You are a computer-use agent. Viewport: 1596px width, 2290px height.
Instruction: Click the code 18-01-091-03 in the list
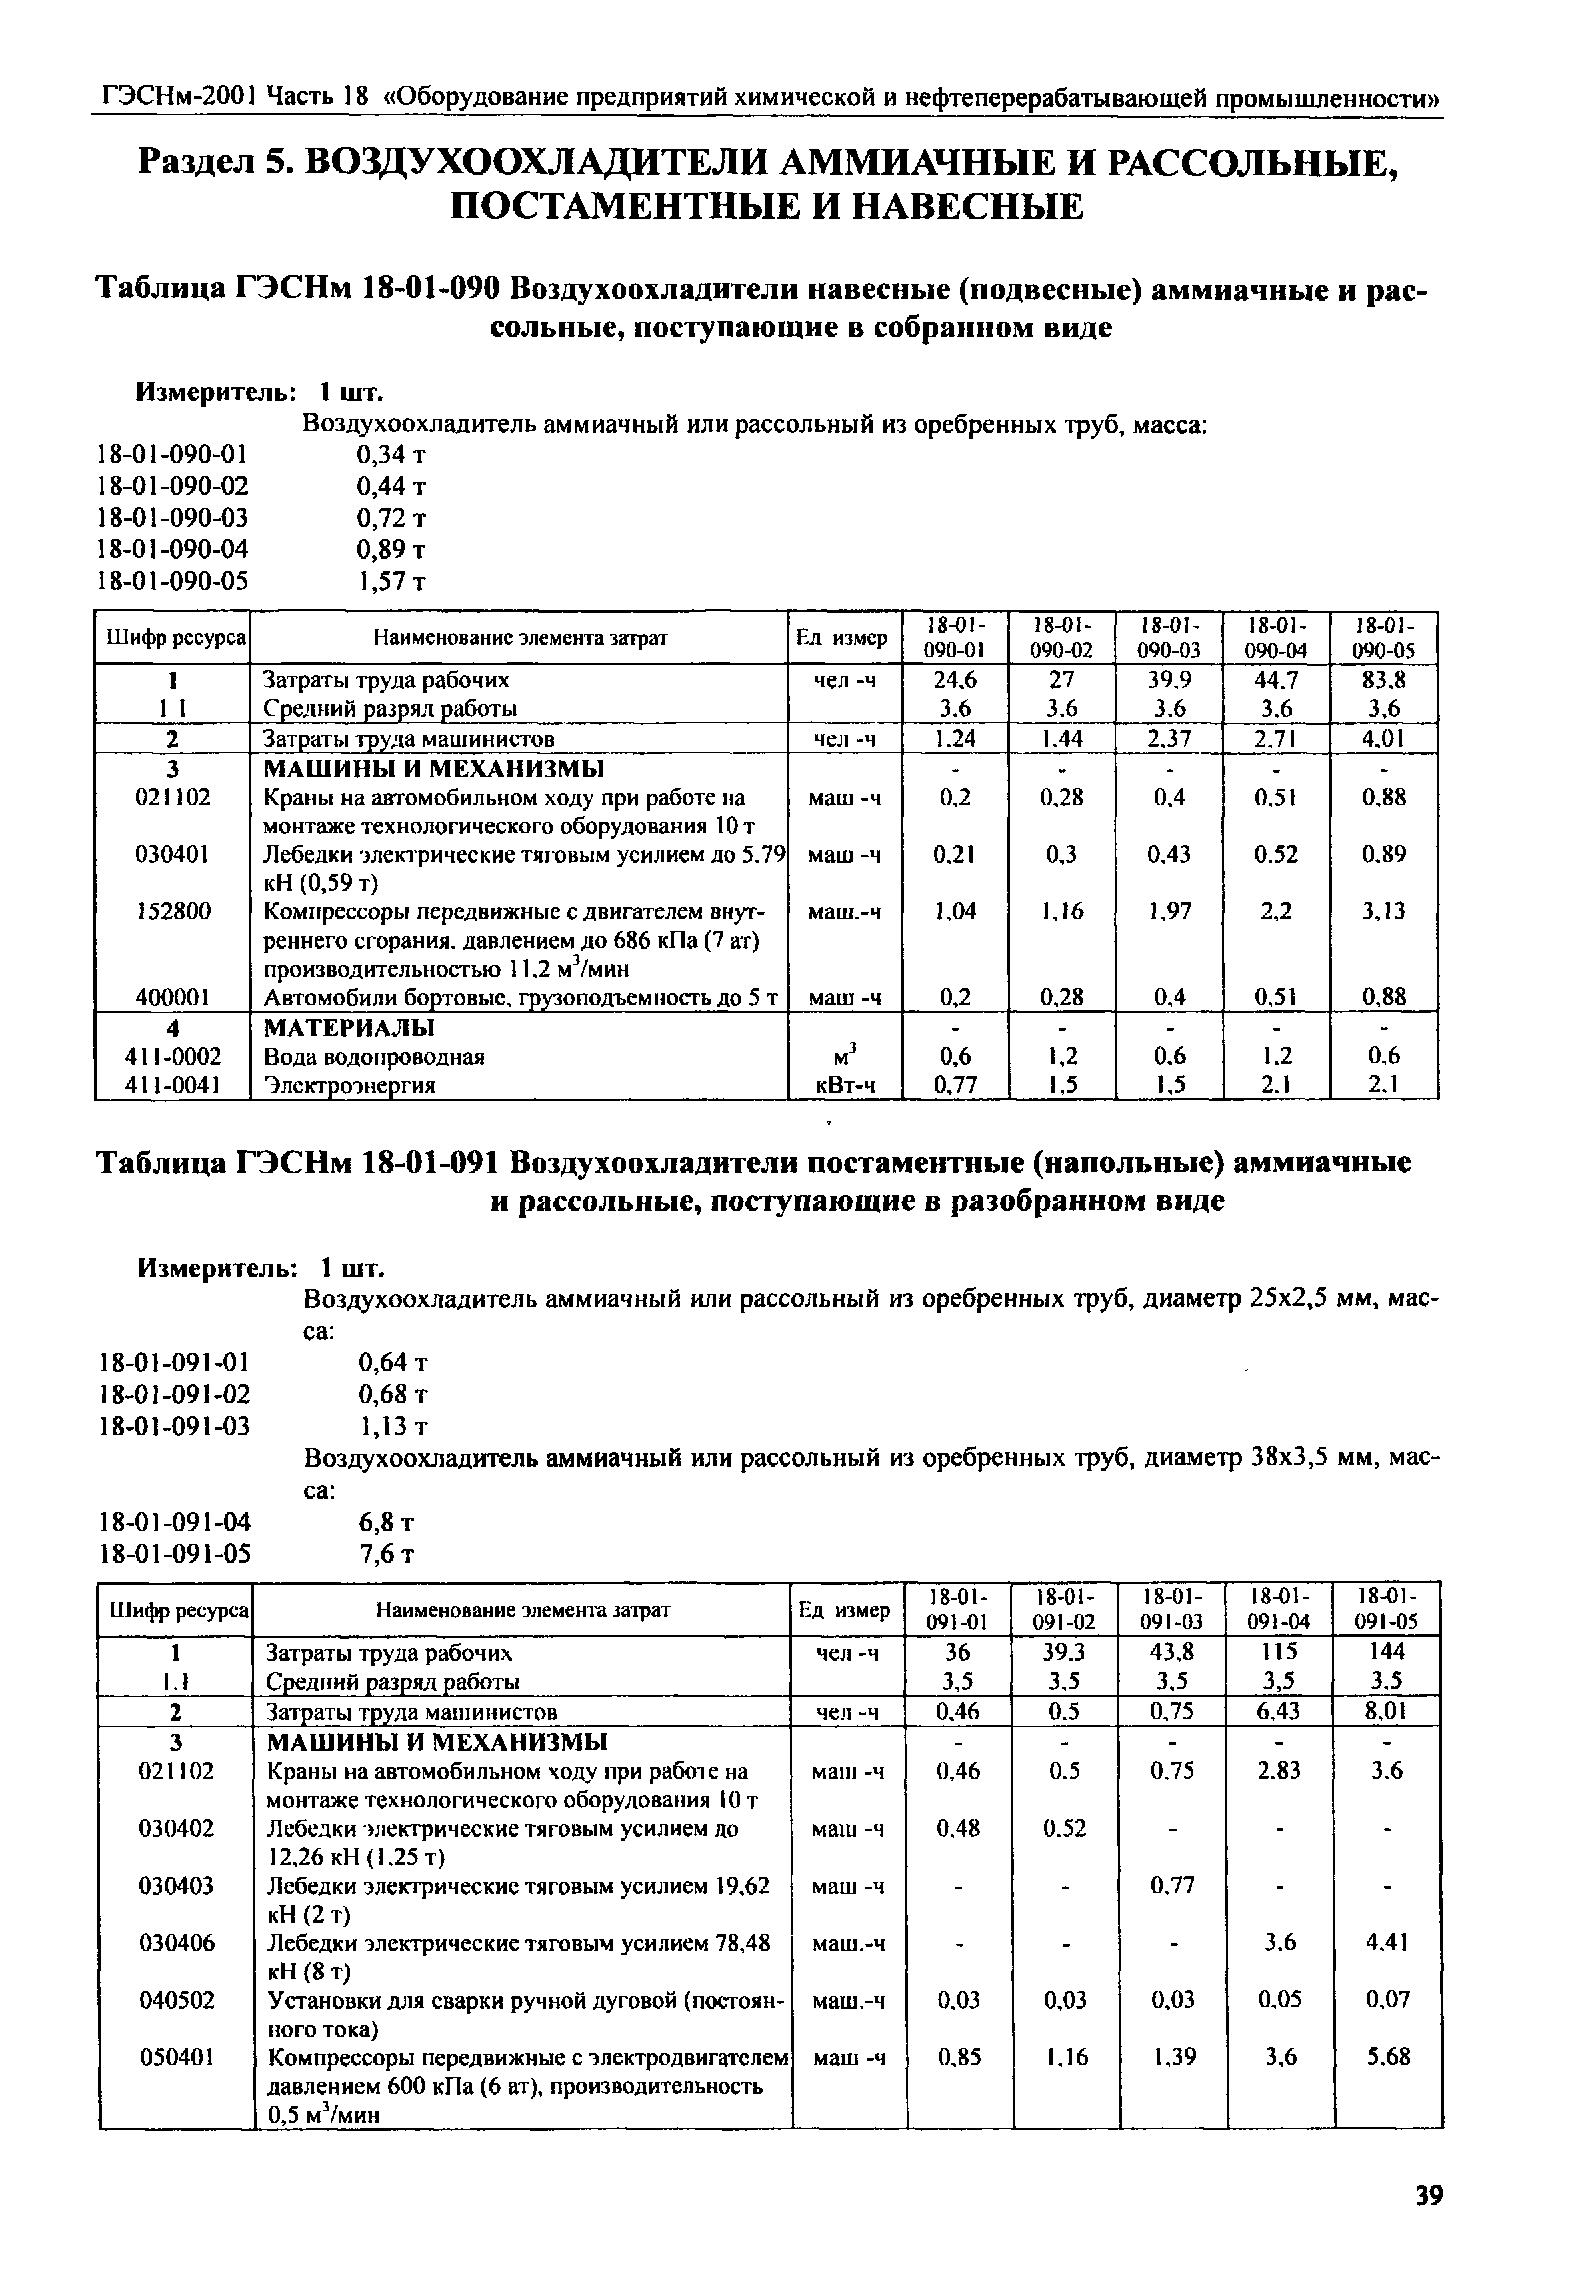175,1426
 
